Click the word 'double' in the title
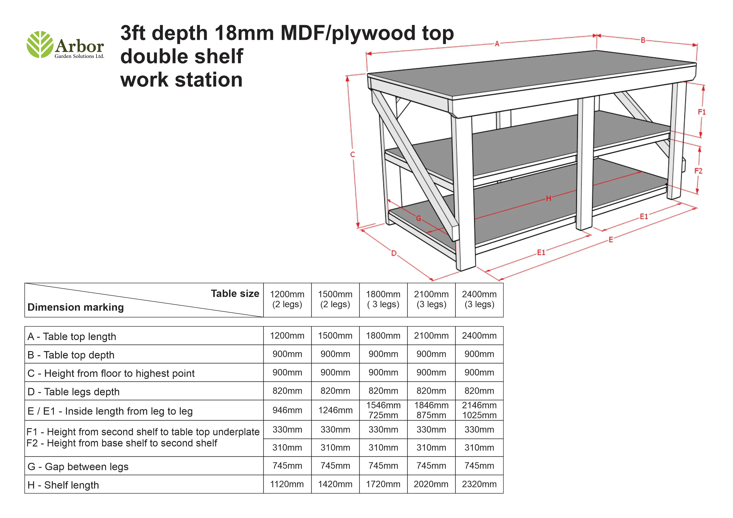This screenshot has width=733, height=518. [x=150, y=56]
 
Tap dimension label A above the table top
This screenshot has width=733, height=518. [x=497, y=44]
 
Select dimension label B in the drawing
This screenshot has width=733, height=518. [x=643, y=40]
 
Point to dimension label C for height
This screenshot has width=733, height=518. [x=352, y=154]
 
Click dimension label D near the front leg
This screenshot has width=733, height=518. [x=394, y=253]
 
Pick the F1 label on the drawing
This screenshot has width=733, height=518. [x=701, y=112]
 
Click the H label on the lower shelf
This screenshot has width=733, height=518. [x=548, y=198]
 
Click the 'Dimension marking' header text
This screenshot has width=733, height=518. [x=76, y=307]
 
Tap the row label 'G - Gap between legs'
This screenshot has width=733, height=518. [x=78, y=467]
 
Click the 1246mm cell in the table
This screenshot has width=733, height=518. [x=335, y=410]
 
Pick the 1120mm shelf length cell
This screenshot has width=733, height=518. [x=287, y=484]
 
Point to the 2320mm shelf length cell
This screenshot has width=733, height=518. [x=479, y=484]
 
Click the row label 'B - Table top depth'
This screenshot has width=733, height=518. [x=71, y=355]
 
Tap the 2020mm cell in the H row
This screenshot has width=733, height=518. [x=431, y=484]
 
